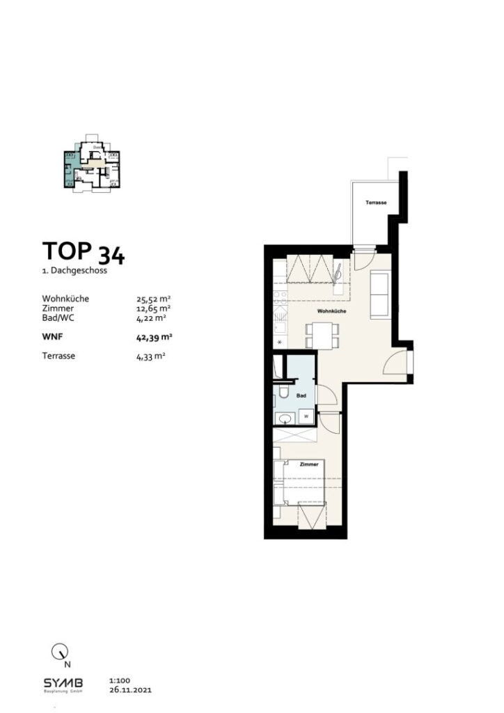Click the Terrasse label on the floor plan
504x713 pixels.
click(x=376, y=203)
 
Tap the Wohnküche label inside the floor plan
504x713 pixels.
click(x=332, y=311)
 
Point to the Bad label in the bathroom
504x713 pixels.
click(x=301, y=395)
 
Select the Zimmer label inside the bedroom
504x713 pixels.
click(x=309, y=463)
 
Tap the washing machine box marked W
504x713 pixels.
click(x=306, y=416)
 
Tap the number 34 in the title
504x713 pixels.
click(x=111, y=255)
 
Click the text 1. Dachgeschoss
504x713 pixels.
click(x=74, y=270)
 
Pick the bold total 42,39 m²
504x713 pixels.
click(x=155, y=337)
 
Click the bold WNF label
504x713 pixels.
click(x=54, y=337)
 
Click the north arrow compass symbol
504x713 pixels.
click(x=61, y=652)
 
